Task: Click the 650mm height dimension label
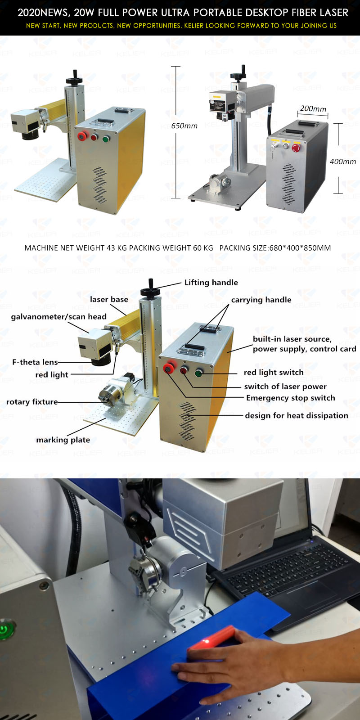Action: point(184,126)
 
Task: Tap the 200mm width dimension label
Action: point(313,108)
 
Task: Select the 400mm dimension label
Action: point(342,161)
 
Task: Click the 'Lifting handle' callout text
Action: point(211,283)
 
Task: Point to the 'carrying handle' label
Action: point(261,300)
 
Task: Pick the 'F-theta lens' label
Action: point(35,362)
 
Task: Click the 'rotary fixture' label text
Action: point(32,402)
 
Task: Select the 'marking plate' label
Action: point(63,440)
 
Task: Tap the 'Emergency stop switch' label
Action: point(290,398)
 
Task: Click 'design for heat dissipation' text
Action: point(296,415)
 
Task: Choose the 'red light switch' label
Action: point(273,372)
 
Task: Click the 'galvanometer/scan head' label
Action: point(58,317)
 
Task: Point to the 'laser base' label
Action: point(109,300)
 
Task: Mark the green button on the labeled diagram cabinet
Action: point(198,373)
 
